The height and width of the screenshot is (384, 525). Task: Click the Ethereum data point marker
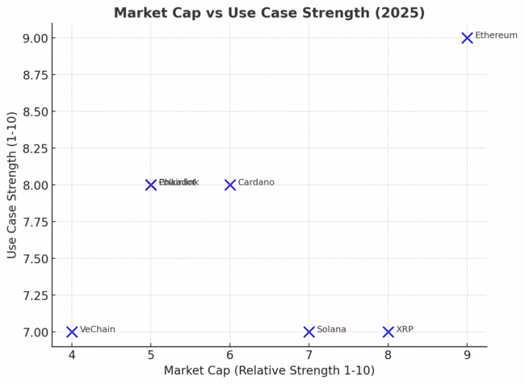coord(467,38)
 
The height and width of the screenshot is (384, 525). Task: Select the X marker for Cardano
coord(230,185)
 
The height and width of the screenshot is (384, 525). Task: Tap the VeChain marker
coord(72,332)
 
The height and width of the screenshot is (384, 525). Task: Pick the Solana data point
coord(309,332)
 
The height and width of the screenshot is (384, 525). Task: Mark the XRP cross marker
coord(388,332)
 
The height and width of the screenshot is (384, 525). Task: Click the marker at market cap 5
coord(151,185)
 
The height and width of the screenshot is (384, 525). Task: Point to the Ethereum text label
coord(496,35)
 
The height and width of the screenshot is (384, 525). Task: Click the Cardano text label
coord(256,182)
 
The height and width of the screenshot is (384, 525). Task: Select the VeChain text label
coord(98,329)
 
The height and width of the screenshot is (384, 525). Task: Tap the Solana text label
coord(331,329)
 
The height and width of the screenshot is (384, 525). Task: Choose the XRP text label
coord(405,329)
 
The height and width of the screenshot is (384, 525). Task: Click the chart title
coord(269,13)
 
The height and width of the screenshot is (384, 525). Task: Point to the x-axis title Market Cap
coord(269,370)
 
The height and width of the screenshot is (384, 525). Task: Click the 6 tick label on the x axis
coord(230,354)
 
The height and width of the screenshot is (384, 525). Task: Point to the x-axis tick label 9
coord(467,354)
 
